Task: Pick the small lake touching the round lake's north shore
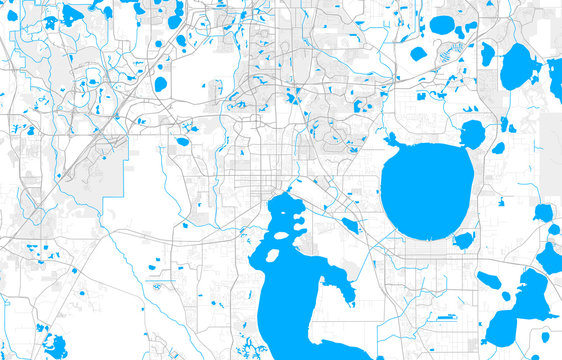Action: click(x=471, y=133)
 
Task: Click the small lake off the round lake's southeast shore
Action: click(x=464, y=240)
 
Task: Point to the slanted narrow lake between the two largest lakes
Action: click(x=349, y=225)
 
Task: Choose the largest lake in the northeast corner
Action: click(x=519, y=68)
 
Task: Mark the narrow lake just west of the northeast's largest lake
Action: click(x=487, y=54)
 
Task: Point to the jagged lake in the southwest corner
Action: click(x=54, y=346)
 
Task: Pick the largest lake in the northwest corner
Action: click(x=72, y=14)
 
